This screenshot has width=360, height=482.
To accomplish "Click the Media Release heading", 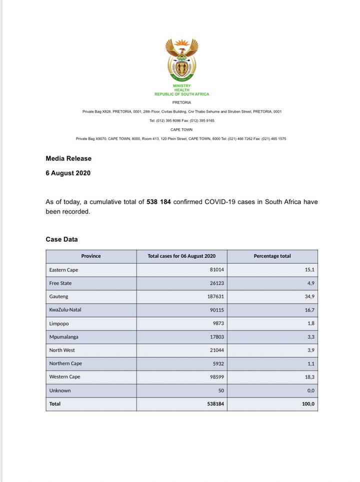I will coord(68,159).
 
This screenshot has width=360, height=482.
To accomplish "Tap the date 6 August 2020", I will coord(68,173).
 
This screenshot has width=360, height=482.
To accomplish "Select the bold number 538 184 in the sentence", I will coord(159,202).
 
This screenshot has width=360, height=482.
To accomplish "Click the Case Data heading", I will coord(61,239).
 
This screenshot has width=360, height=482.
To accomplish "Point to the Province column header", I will coord(91,256).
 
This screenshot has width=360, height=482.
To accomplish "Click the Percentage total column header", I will coord(272,256).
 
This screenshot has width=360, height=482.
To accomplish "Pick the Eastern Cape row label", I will coord(63,270).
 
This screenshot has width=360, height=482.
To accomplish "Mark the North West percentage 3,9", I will coord(310,350).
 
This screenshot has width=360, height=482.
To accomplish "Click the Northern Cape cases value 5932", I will coord(217,364).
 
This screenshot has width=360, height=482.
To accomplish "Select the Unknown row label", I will coord(60,390).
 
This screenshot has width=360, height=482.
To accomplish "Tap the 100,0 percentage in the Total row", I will coord(308,404).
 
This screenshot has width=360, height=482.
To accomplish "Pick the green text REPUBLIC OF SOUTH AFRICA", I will coord(182,94).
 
